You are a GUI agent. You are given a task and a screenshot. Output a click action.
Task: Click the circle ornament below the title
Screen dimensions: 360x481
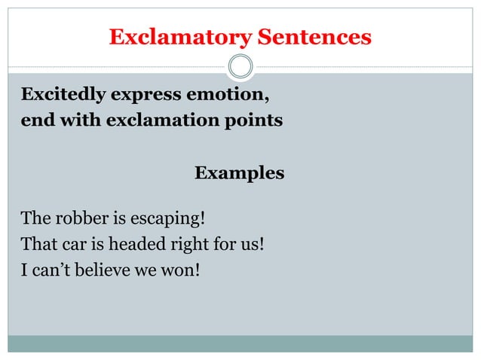tap(240, 67)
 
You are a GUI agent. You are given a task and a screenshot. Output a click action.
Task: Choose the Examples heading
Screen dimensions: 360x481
tap(240, 173)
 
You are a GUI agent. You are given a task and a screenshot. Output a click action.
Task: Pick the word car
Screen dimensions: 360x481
tap(69, 244)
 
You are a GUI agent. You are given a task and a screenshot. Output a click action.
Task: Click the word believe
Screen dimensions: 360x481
tap(100, 269)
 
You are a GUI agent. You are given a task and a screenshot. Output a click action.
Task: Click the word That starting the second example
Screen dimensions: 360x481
tap(35, 244)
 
